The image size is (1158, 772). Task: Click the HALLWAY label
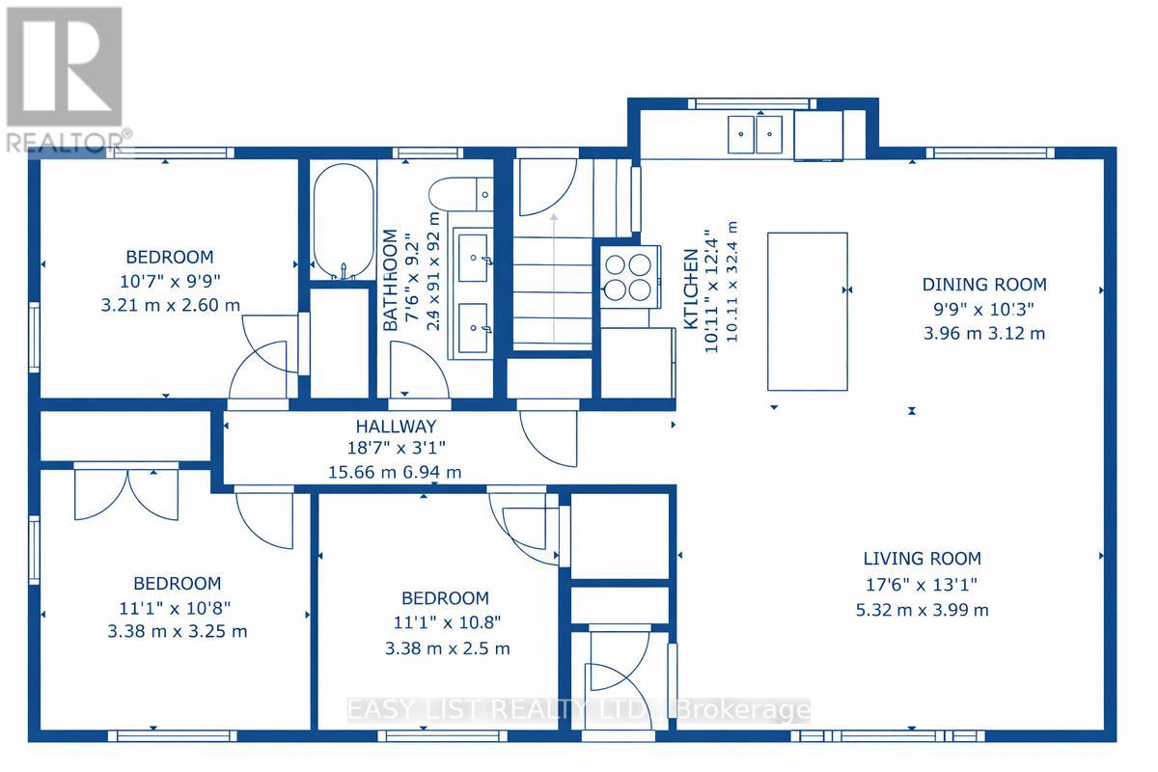tap(396, 427)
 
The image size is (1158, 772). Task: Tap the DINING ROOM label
tap(984, 285)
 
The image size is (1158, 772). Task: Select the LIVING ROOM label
tap(923, 559)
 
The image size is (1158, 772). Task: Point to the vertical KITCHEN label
tap(691, 289)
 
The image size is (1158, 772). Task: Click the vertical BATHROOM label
tap(390, 280)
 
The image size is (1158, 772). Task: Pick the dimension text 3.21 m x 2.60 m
tap(171, 305)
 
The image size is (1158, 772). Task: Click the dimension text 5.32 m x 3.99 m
tap(923, 610)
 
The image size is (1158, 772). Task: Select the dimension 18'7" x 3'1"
tap(396, 448)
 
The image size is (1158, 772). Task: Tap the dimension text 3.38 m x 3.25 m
tap(178, 631)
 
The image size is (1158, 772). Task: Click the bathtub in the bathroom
tap(344, 222)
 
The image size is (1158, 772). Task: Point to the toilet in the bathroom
tap(461, 194)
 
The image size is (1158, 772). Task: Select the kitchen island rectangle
tap(808, 312)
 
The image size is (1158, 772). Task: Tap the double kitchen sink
tap(756, 134)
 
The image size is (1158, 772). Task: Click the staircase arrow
tap(554, 278)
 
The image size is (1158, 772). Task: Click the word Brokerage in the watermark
tap(743, 710)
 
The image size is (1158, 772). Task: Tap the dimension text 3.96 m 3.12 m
tap(984, 334)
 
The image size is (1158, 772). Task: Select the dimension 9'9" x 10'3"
tap(984, 309)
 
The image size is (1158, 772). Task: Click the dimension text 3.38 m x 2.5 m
tap(448, 648)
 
